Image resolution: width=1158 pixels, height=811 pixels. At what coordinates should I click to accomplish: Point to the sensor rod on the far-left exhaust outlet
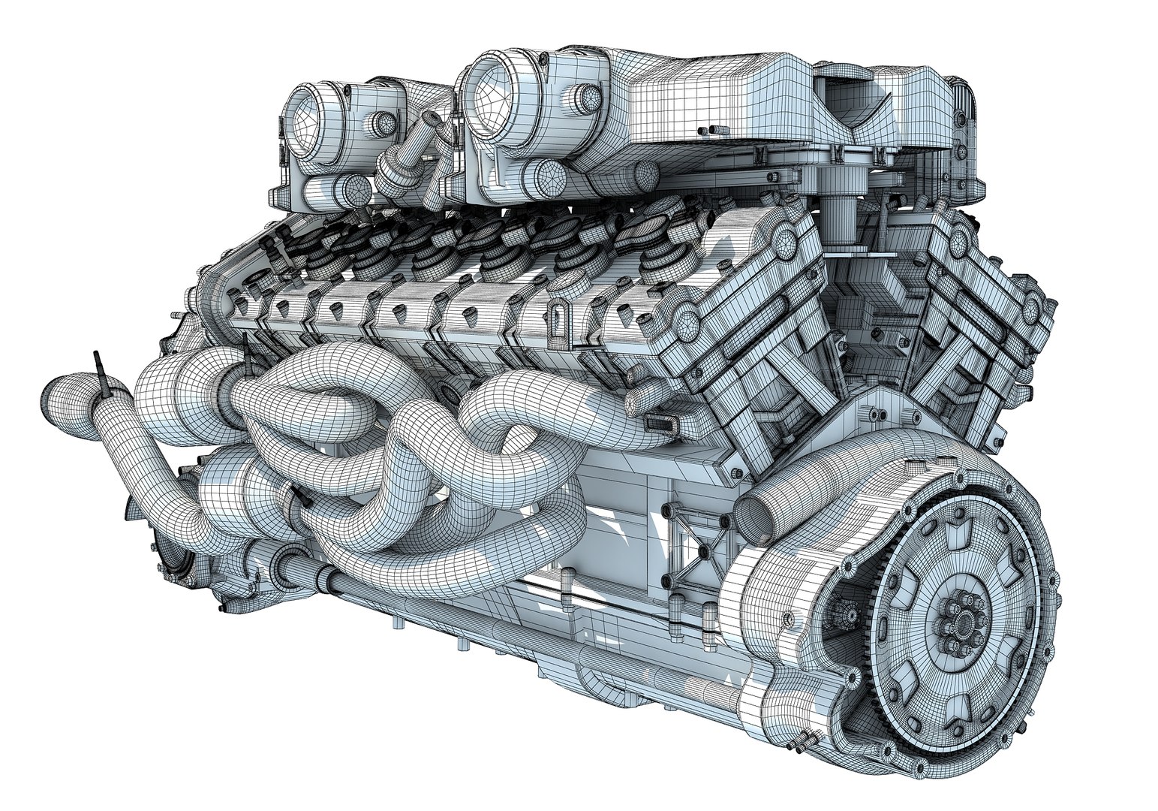[x=100, y=370]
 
